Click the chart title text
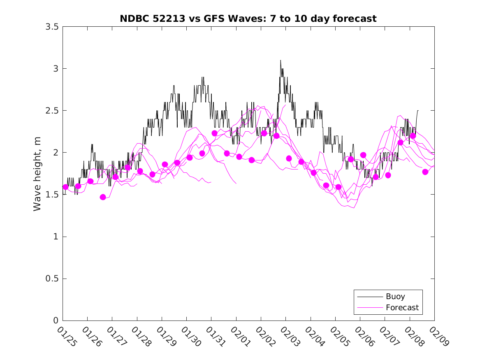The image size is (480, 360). pos(248,19)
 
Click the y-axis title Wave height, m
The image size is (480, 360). pos(37,174)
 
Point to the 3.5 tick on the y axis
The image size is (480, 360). pos(52,26)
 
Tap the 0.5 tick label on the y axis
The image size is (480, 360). pos(52,279)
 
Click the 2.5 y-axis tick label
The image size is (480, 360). pos(52,111)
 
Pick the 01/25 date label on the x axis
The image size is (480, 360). pos(67,336)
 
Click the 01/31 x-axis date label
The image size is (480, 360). pos(215,336)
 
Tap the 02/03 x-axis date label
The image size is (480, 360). pos(290,336)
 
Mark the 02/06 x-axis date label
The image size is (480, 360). pos(364,336)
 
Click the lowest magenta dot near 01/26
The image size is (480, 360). pos(103,197)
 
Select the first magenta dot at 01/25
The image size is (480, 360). pos(65,187)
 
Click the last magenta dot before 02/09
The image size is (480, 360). pos(425,172)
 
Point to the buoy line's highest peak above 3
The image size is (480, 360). pos(281,60)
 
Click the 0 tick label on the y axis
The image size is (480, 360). pos(56,321)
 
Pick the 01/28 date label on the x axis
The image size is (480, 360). pos(141,336)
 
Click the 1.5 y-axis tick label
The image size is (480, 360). pos(52,195)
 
